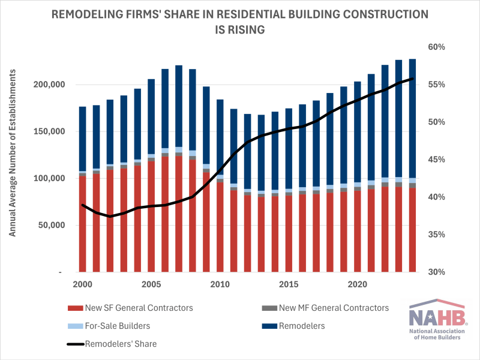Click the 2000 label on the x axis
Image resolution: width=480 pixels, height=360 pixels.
[83, 283]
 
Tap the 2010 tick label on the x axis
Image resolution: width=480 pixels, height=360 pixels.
[220, 283]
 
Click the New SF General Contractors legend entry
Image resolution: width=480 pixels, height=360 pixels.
[138, 308]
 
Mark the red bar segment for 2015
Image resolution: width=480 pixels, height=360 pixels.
[288, 233]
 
